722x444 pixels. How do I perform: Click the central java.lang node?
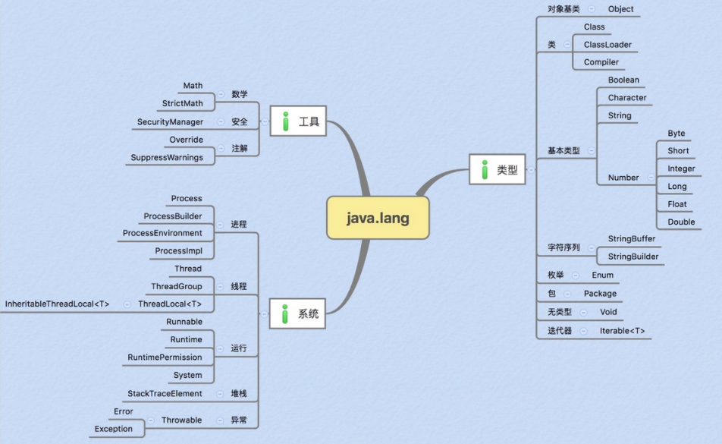coord(378,218)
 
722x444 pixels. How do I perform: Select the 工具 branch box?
coord(298,121)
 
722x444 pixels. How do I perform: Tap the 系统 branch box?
coord(298,313)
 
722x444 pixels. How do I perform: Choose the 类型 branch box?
coord(498,170)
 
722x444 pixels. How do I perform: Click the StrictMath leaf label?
coord(182,103)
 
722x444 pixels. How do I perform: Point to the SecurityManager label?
coord(170,121)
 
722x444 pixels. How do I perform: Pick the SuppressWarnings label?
coord(167,157)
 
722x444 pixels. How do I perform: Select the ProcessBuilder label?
coord(173,216)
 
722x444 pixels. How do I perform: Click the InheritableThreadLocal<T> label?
coord(57,304)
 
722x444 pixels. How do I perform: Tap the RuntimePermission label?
coord(165,357)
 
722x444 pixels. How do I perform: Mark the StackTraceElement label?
coord(165,393)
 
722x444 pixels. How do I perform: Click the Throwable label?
coord(181,420)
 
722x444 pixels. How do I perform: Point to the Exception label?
coord(113,429)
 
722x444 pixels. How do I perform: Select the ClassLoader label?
coord(607,45)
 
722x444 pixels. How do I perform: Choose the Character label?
coord(627,97)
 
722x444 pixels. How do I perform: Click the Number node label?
coord(623,178)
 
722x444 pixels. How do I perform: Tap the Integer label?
coord(681,168)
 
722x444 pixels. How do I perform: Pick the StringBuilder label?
coord(633,257)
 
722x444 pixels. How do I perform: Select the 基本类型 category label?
coord(563,151)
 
